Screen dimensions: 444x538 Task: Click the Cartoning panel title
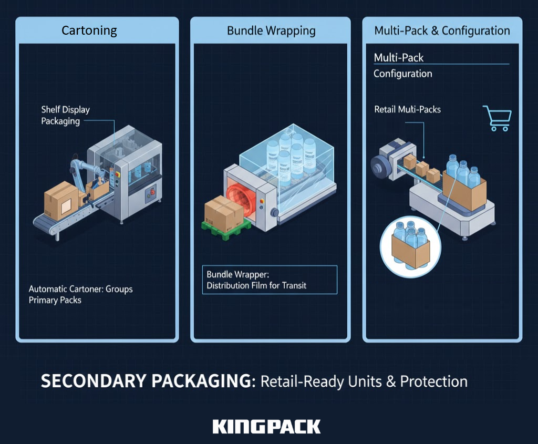pyautogui.click(x=89, y=30)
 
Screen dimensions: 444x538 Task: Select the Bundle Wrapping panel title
pyautogui.click(x=271, y=30)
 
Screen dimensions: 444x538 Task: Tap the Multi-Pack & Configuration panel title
pyautogui.click(x=442, y=30)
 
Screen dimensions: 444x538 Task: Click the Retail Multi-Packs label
pyautogui.click(x=407, y=110)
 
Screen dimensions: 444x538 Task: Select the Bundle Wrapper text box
pyautogui.click(x=270, y=280)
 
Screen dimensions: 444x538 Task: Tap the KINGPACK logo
pyautogui.click(x=266, y=426)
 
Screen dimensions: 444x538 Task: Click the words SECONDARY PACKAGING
pyautogui.click(x=146, y=381)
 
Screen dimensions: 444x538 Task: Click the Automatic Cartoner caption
pyautogui.click(x=80, y=294)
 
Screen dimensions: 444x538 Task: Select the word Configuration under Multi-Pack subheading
pyautogui.click(x=402, y=74)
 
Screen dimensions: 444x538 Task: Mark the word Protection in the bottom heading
pyautogui.click(x=433, y=381)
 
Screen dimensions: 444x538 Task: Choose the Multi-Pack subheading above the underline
pyautogui.click(x=398, y=58)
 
